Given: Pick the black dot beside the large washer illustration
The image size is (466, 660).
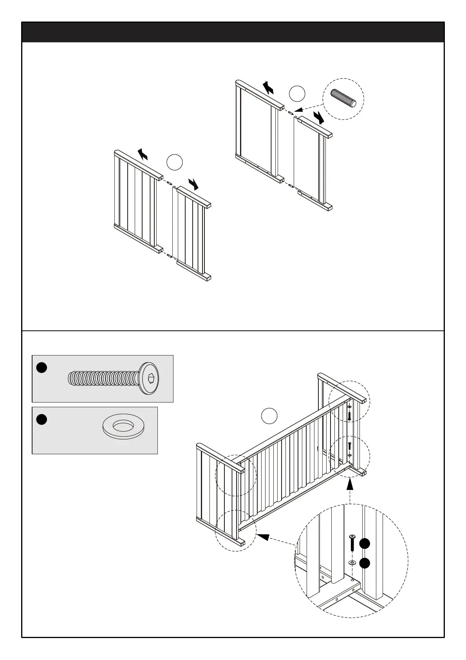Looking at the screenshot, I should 42,419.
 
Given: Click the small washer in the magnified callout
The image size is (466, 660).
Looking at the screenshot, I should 352,563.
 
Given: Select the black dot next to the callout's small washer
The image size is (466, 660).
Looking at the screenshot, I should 365,563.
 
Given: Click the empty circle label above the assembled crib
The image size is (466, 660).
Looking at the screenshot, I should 269,416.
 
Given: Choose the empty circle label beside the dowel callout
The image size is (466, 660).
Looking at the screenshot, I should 297,94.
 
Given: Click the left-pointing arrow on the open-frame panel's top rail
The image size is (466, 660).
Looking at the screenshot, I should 268,87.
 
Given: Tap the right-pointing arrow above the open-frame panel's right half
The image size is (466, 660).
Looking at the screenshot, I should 319,117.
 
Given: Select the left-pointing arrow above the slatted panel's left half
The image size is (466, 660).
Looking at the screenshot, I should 143,155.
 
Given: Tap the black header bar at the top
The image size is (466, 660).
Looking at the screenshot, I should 233,32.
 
